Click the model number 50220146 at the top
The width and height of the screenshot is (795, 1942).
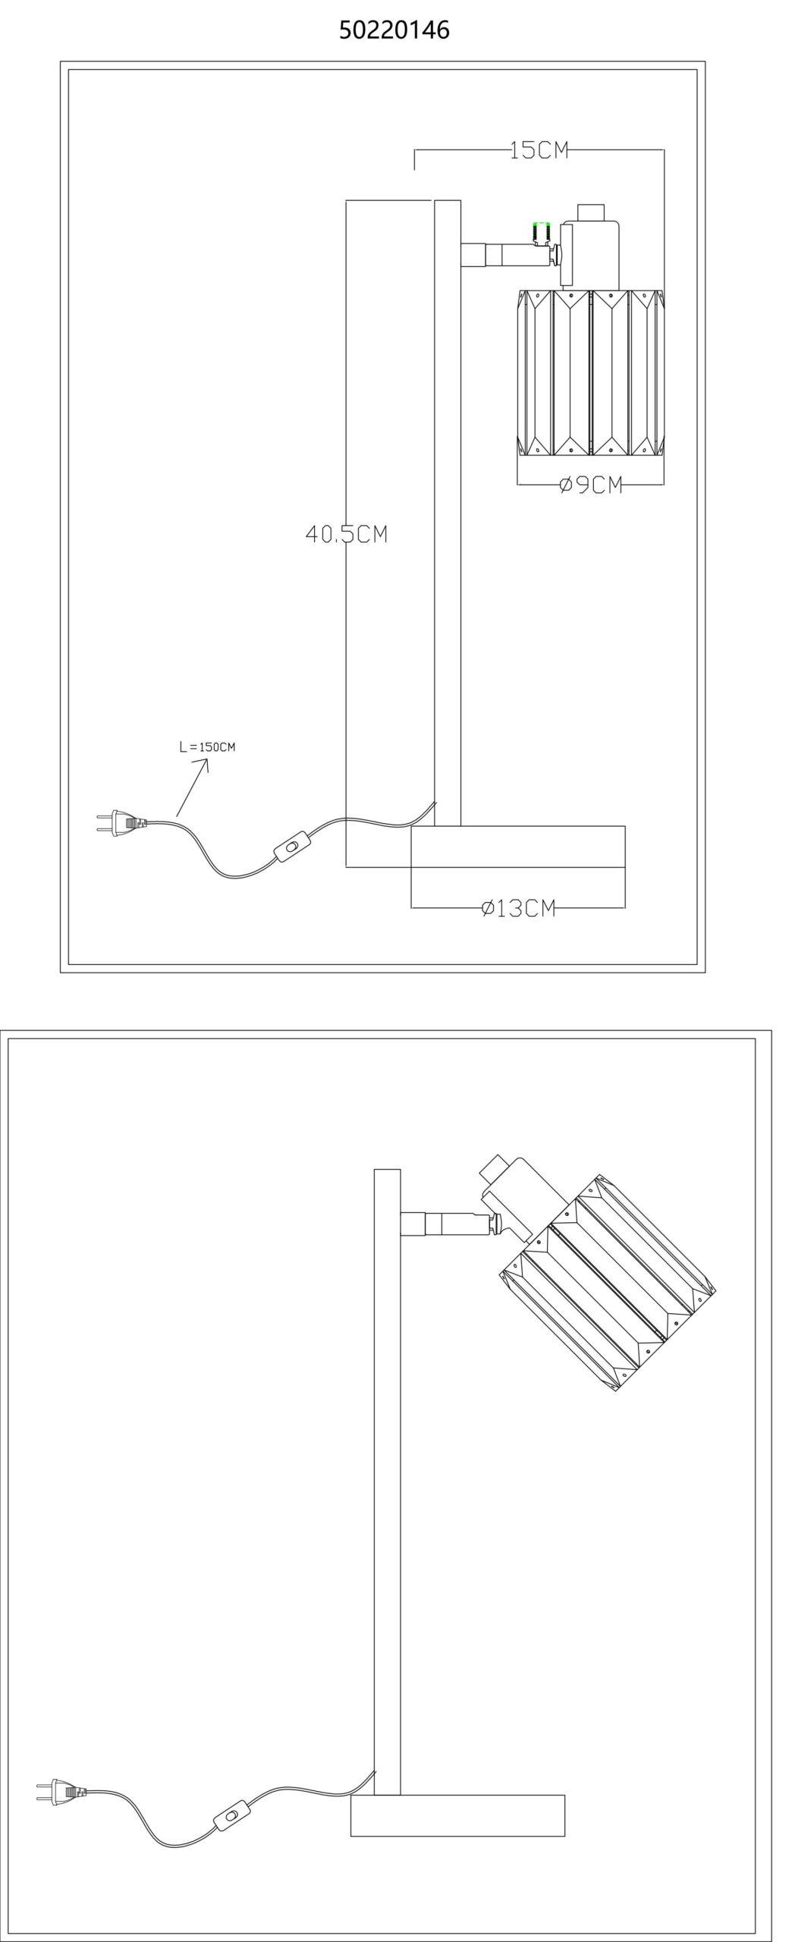tap(394, 30)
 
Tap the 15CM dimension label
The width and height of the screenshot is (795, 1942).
tap(539, 150)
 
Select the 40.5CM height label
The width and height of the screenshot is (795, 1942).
tap(347, 534)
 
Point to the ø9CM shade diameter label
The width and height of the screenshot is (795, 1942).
tap(591, 485)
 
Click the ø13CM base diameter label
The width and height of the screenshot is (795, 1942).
tap(519, 907)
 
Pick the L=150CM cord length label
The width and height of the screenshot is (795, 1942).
tap(207, 746)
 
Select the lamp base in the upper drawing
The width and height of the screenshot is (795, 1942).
tap(518, 847)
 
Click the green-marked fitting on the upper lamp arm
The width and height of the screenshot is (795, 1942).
tap(542, 232)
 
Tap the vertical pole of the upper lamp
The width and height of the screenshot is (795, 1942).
tap(448, 516)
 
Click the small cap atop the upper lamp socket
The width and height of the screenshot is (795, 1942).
tap(591, 212)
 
